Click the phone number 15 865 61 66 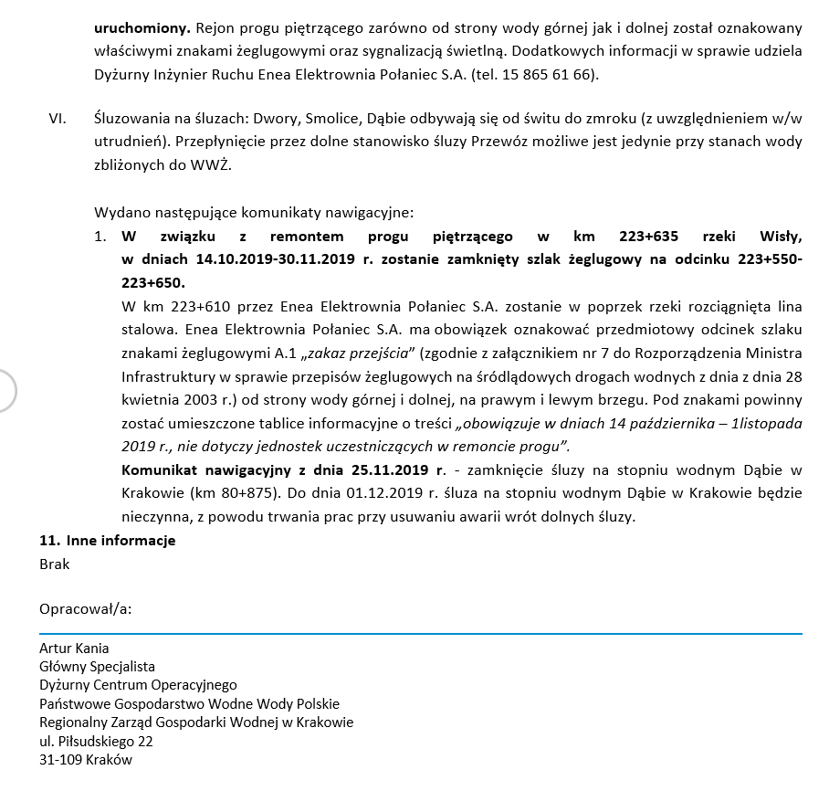click(545, 74)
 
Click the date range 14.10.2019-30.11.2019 click(275, 259)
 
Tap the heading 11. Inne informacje click(108, 541)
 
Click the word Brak click(55, 564)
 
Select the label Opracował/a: click(85, 609)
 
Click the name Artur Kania click(74, 649)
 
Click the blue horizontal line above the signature click(420, 632)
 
